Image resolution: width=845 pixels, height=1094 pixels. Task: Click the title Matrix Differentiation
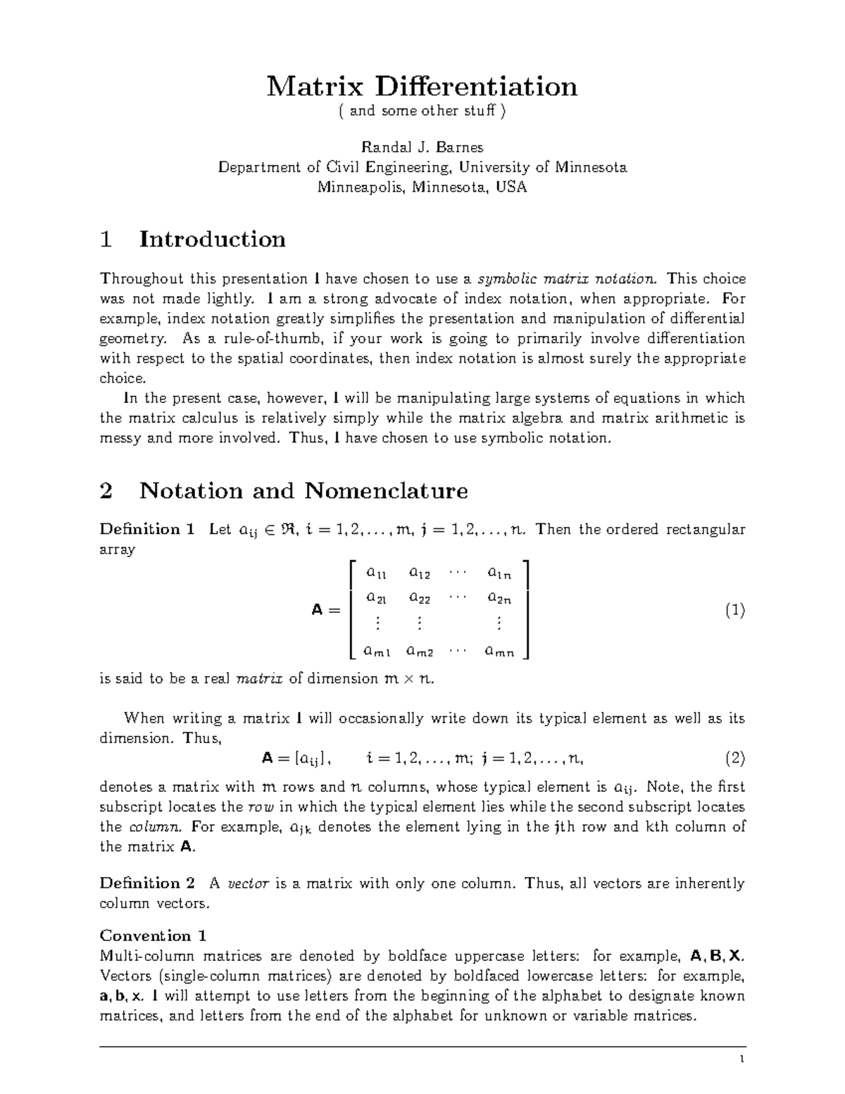[x=422, y=87]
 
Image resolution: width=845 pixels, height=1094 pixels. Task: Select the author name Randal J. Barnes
[x=422, y=147]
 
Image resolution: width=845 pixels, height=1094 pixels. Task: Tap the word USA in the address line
[x=511, y=187]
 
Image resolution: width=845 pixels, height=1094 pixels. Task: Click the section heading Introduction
[x=212, y=240]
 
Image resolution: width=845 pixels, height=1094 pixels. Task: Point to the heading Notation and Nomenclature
[x=303, y=490]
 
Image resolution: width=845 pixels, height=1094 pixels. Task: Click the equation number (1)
[x=734, y=610]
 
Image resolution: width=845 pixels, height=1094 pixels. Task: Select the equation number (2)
[x=734, y=759]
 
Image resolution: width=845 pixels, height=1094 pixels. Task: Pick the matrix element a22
[x=420, y=599]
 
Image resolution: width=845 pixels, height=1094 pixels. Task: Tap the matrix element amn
[x=499, y=652]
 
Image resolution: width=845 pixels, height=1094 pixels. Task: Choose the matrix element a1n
[x=499, y=573]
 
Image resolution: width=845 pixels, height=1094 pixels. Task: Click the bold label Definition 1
[x=146, y=529]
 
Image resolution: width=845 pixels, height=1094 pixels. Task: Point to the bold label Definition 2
[x=146, y=883]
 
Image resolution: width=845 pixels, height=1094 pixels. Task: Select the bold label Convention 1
[x=153, y=936]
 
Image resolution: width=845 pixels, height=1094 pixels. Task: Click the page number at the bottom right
[x=741, y=1060]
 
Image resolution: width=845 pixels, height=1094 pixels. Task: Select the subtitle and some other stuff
[x=423, y=111]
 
